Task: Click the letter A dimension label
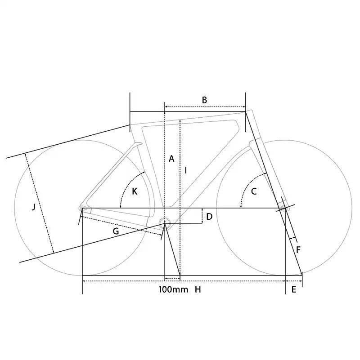pos(171,159)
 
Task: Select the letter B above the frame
pos(204,100)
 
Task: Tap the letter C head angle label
pos(254,191)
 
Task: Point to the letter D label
pos(209,217)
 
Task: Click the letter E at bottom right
pos(293,289)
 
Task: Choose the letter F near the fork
pos(298,250)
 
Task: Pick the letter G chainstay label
pos(116,231)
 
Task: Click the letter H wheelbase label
pos(198,289)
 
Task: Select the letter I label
pos(186,170)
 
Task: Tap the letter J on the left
pos(34,207)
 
